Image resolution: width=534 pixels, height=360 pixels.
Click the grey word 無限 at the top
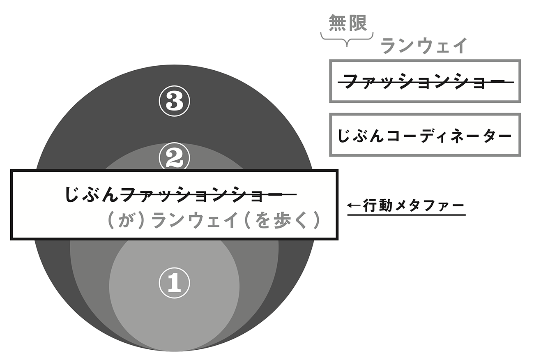click(347, 24)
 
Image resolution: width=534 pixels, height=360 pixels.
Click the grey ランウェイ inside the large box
click(196, 221)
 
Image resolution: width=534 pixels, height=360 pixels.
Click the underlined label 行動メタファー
click(414, 205)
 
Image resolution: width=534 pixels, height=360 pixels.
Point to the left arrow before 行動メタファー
click(354, 205)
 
